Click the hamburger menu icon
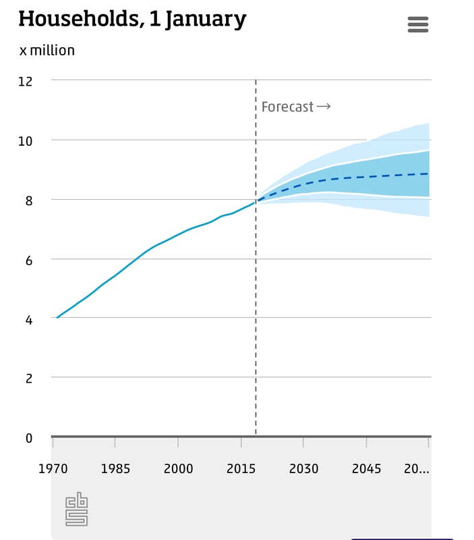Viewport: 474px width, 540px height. click(x=418, y=25)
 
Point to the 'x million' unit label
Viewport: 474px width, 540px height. click(x=47, y=51)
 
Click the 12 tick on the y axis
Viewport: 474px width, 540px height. click(x=26, y=81)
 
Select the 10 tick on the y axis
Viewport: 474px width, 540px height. click(x=26, y=140)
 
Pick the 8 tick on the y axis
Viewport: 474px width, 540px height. click(x=29, y=200)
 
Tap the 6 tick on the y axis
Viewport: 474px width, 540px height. click(x=29, y=259)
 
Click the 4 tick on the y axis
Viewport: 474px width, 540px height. click(x=29, y=319)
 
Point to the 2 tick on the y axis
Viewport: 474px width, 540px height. click(x=29, y=378)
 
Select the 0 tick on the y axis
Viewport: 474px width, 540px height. click(x=29, y=437)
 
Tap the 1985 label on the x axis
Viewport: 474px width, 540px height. click(x=115, y=469)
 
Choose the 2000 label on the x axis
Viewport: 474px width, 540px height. click(x=179, y=469)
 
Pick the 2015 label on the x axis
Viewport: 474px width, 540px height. click(x=241, y=469)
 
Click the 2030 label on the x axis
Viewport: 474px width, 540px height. click(x=303, y=469)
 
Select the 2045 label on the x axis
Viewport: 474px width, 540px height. click(x=366, y=469)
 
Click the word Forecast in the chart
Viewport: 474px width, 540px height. click(x=288, y=107)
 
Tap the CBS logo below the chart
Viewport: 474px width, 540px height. click(x=76, y=510)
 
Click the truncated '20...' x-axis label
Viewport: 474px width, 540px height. click(x=416, y=469)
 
